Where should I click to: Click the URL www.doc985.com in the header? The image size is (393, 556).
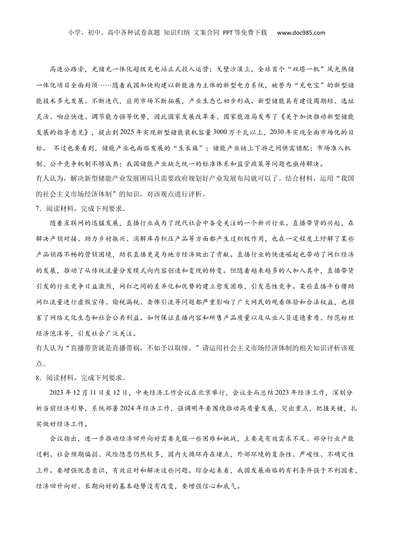point(301,33)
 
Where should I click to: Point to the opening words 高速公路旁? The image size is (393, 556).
point(67,69)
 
